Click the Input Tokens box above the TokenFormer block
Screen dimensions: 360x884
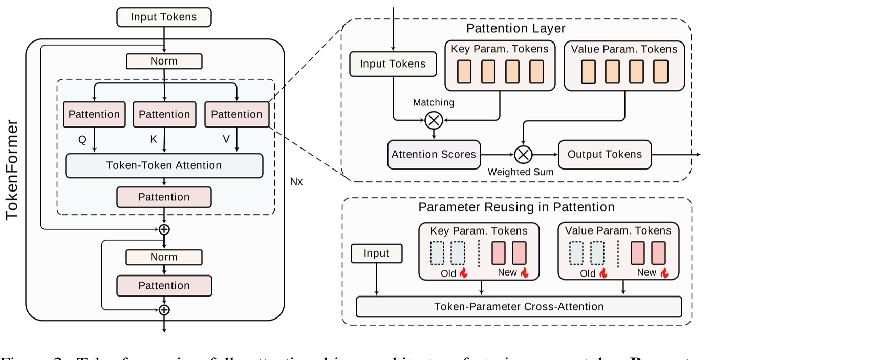pyautogui.click(x=164, y=17)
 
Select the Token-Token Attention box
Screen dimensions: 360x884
pyautogui.click(x=164, y=165)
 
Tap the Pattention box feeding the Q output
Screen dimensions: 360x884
pyautogui.click(x=94, y=114)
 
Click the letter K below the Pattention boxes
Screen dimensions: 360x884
pyautogui.click(x=153, y=139)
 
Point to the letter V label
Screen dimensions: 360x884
pyautogui.click(x=226, y=139)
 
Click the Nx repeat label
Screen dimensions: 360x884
pyautogui.click(x=296, y=182)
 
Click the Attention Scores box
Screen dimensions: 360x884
pyautogui.click(x=434, y=154)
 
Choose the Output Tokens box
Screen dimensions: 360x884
pyautogui.click(x=605, y=154)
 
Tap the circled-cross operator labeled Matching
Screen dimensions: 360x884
pyautogui.click(x=434, y=120)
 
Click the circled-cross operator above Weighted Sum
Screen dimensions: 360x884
pyautogui.click(x=523, y=154)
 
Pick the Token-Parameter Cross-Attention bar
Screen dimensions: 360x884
pyautogui.click(x=519, y=307)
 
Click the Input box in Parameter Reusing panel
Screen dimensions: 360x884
pyautogui.click(x=376, y=253)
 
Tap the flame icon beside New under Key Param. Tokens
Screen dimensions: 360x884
pyautogui.click(x=525, y=273)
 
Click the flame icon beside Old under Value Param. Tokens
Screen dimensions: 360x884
pyautogui.click(x=603, y=273)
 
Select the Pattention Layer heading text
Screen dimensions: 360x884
pyautogui.click(x=515, y=29)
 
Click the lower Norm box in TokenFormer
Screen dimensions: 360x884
pyautogui.click(x=164, y=257)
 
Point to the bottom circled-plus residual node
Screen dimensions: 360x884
pyautogui.click(x=164, y=310)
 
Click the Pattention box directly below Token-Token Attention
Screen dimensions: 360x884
pyautogui.click(x=164, y=197)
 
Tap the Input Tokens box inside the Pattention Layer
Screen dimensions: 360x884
pyautogui.click(x=393, y=64)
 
